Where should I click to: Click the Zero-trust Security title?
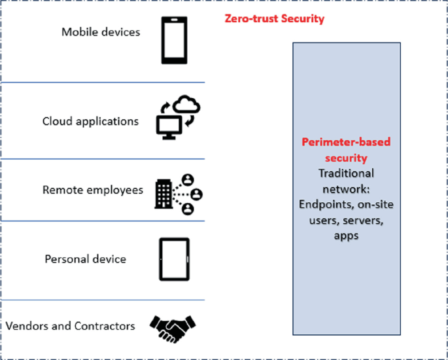click(x=274, y=19)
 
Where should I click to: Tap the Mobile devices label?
click(x=101, y=31)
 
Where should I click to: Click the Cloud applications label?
click(x=90, y=121)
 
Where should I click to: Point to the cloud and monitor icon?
click(x=177, y=117)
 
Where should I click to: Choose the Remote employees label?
click(x=92, y=190)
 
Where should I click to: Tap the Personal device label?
click(x=85, y=259)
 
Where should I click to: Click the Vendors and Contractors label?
click(x=70, y=325)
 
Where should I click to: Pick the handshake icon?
click(x=173, y=327)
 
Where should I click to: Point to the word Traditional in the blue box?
click(x=346, y=173)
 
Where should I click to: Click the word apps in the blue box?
click(x=346, y=236)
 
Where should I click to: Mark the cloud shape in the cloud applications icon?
click(x=187, y=104)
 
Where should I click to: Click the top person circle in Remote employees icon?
click(x=188, y=179)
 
